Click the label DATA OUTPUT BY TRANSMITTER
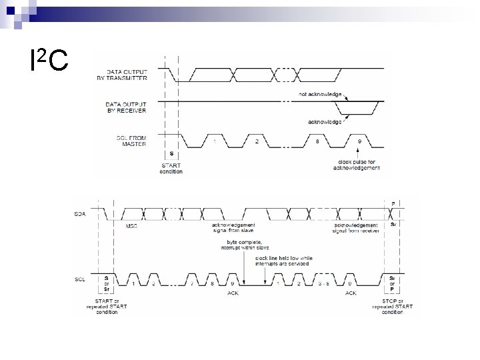point(127,75)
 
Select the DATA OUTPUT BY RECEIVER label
point(126,107)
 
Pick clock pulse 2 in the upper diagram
point(257,141)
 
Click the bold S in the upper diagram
point(173,153)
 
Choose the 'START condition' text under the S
point(172,169)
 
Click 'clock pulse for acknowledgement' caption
point(357,165)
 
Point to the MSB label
point(132,226)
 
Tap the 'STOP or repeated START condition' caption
point(394,309)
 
